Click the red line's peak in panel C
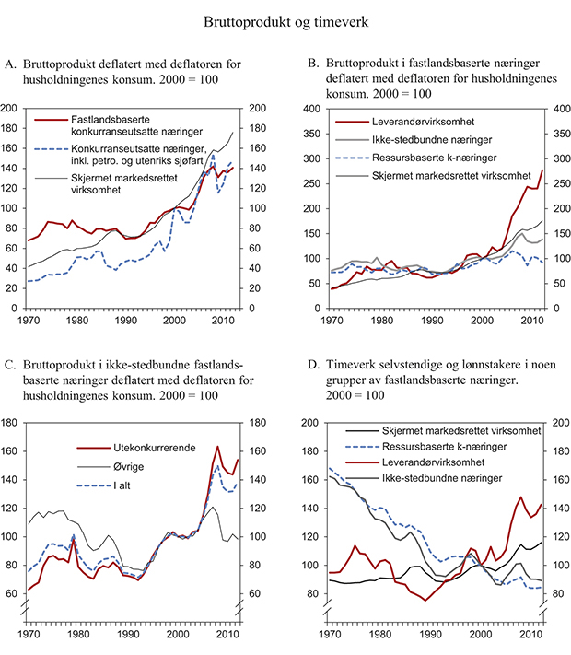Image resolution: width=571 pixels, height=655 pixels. (x=218, y=446)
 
